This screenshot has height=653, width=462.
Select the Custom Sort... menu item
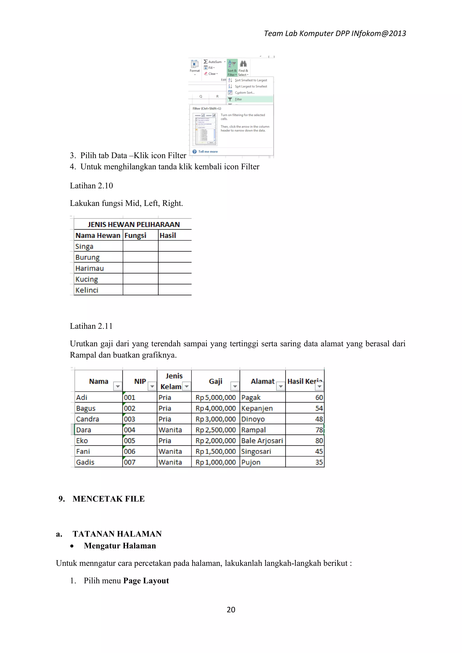point(244,93)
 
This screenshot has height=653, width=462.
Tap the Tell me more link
point(208,152)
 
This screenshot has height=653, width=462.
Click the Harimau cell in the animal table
point(90,268)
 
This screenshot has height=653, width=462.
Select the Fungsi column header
point(135,235)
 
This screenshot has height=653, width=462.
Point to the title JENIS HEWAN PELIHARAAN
point(134,224)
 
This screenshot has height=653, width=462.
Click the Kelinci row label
point(87,290)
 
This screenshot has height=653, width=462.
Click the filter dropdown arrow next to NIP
point(152,386)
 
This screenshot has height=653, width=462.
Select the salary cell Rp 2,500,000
point(216,430)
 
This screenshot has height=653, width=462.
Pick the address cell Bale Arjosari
point(262,441)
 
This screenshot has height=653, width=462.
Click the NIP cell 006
point(130,451)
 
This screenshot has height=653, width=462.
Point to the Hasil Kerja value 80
point(319,441)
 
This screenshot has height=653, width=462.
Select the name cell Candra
point(88,419)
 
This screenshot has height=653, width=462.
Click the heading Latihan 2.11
point(91,326)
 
